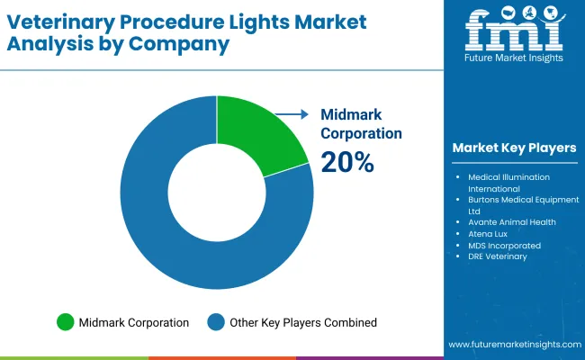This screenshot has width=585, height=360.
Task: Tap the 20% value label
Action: coord(347,162)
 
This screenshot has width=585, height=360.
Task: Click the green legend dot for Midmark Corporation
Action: coord(65,321)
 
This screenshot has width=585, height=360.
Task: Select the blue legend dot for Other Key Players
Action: coord(216,321)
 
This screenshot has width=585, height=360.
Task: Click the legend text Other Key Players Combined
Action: coord(302,322)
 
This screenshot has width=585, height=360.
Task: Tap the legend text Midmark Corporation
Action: coord(133,322)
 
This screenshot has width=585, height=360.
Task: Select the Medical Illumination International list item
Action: coord(508,183)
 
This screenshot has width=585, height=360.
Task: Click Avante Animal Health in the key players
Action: coord(510,221)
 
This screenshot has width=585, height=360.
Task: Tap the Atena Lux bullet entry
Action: coord(487,233)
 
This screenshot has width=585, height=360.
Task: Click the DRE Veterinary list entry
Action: coord(497,256)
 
